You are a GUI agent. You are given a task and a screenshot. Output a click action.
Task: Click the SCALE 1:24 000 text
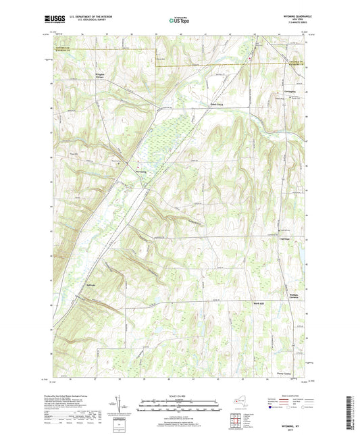coord(180,395)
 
